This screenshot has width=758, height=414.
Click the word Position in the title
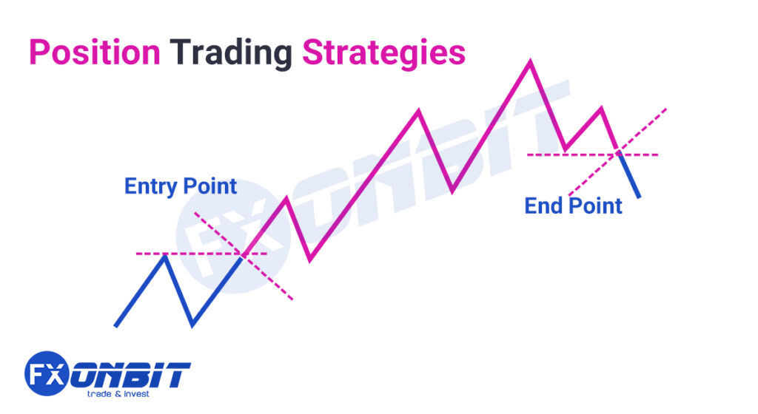94,53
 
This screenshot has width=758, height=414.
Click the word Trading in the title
230,53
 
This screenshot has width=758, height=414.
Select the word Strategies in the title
383,53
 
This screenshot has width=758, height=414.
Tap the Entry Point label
181,186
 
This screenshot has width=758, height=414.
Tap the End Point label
573,206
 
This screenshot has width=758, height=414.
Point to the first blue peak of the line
165,256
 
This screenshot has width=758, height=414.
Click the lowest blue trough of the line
192,324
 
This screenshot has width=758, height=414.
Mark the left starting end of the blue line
115,325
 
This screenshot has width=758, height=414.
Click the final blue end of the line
639,197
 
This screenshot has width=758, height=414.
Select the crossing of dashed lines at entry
243,254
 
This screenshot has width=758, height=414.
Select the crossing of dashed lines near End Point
618,155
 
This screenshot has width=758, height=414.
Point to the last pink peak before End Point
601,109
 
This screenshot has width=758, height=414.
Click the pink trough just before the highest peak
453,191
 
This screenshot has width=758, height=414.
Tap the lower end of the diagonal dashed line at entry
293,299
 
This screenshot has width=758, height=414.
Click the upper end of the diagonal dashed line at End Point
666,109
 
